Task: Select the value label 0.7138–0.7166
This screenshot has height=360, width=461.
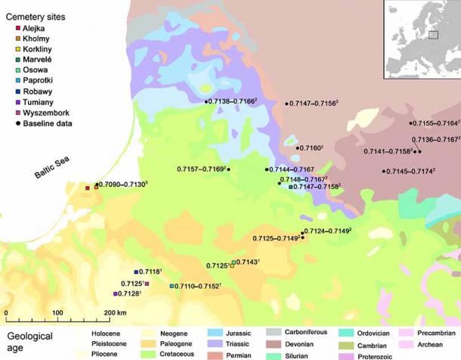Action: point(234,101)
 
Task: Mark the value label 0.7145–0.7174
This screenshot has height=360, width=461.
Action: point(412,172)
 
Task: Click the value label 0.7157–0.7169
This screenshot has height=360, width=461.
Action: point(201,169)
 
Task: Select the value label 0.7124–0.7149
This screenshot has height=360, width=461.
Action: point(329,231)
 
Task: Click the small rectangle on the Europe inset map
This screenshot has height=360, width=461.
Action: point(433,34)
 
